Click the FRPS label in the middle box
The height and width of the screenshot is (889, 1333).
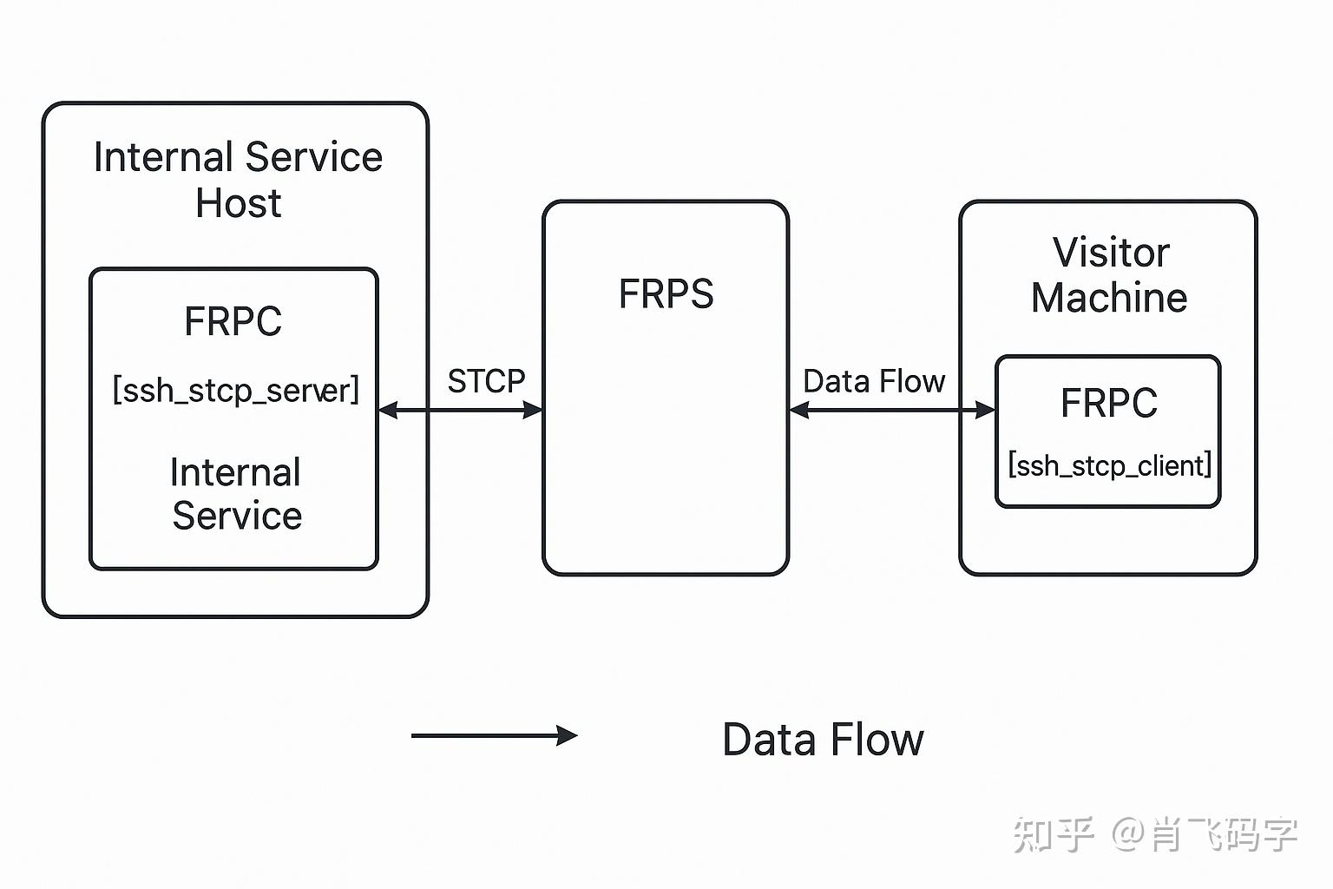pos(666,294)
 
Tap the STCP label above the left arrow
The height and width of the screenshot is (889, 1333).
pos(486,381)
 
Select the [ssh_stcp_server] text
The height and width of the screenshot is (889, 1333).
pos(235,390)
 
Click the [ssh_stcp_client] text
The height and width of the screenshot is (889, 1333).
pos(1109,466)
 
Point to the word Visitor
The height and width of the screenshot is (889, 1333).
pos(1111,253)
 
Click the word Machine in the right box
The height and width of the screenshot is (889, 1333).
pos(1109,298)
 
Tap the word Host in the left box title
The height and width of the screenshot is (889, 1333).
pos(238,203)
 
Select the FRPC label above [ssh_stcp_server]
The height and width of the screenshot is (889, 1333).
pos(233,321)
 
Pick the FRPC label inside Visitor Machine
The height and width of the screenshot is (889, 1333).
pos(1109,403)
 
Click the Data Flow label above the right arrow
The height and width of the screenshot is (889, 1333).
pos(874,381)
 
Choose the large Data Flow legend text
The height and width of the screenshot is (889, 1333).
pos(823,740)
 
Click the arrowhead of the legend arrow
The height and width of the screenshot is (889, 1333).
pos(568,736)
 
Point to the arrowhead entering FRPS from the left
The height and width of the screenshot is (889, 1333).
pos(533,410)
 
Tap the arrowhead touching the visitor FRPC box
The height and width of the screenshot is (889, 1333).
pos(985,410)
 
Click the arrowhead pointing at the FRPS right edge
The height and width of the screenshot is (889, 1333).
pos(799,410)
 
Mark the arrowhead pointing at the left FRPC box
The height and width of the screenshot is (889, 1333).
pos(389,410)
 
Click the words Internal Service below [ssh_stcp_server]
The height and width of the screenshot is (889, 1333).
pos(236,494)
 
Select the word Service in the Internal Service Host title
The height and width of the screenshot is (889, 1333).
pos(313,158)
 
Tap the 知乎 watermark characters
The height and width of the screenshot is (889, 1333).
pos(1053,834)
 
